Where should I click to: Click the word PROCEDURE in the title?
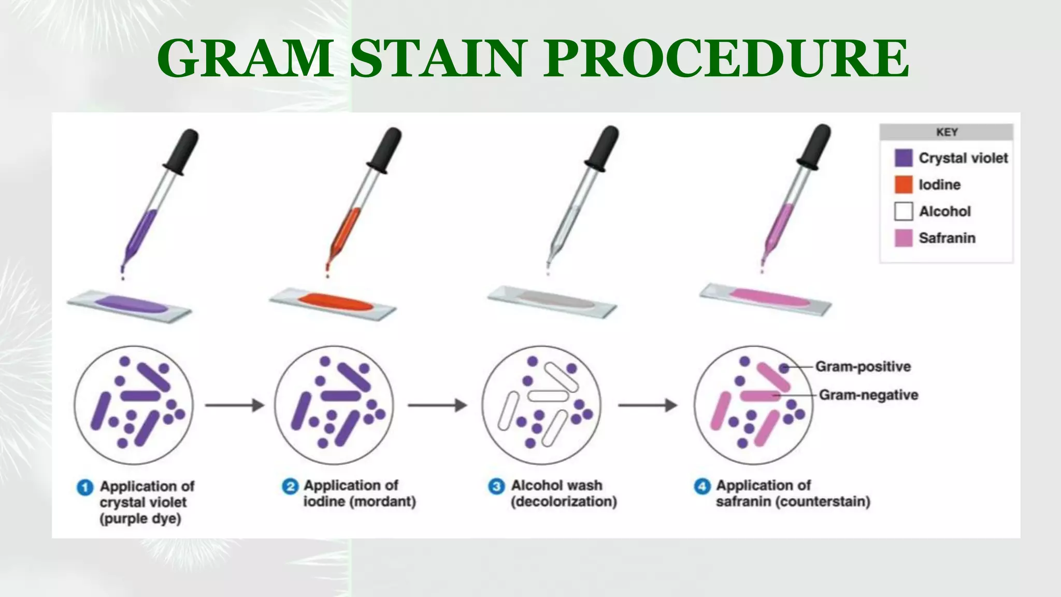coord(726,58)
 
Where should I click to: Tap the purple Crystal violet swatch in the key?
coord(903,158)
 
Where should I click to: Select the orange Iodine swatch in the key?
coord(903,184)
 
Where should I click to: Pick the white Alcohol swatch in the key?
coord(903,211)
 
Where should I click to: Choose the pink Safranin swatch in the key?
coord(903,238)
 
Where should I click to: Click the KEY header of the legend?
coord(946,132)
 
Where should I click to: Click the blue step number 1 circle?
coord(85,488)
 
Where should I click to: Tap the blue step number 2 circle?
coord(290,487)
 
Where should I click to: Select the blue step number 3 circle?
coord(496,487)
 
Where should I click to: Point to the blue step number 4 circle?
coord(702,487)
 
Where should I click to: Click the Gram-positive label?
coord(863,366)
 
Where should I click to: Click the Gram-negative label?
coord(868,395)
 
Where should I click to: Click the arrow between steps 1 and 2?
coord(235,405)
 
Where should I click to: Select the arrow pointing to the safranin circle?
coord(648,405)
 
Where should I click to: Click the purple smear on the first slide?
coord(131,304)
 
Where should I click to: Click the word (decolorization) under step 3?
coord(564,502)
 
